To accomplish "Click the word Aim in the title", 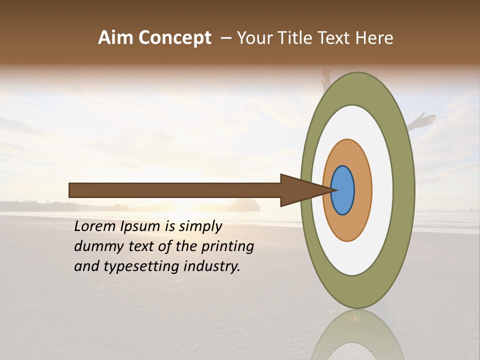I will (116, 38).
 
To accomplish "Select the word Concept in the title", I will (175, 38).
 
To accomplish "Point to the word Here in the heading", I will (374, 38).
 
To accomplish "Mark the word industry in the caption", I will (212, 266).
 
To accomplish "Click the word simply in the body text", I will (200, 227).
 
